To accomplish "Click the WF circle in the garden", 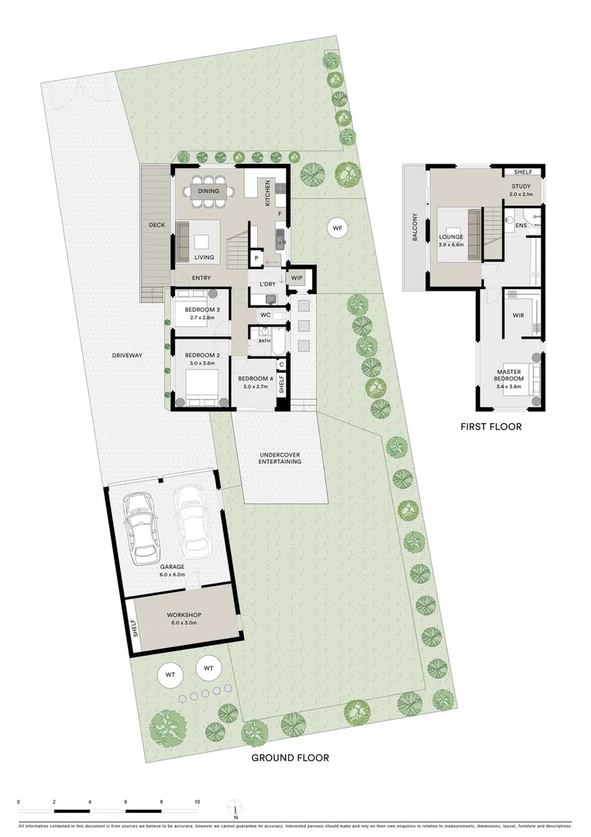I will (x=336, y=228).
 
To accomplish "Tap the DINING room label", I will (x=208, y=191).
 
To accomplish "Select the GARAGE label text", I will (x=173, y=567).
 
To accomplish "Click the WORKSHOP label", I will (x=184, y=615).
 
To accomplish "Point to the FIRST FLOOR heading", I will (x=491, y=426).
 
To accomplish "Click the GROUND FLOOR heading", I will (x=290, y=758).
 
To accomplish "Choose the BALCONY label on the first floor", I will (x=415, y=227).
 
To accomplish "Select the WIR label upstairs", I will (x=518, y=315).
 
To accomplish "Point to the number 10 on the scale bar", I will (x=198, y=802).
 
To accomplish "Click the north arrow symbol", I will (x=235, y=809).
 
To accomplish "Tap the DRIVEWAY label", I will (x=127, y=355).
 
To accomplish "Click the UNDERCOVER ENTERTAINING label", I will (x=280, y=457).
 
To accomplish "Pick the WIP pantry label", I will (x=297, y=277).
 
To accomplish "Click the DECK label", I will (x=157, y=226).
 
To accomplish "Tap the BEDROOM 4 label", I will (x=256, y=379).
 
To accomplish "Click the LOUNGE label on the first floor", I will (x=450, y=236).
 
